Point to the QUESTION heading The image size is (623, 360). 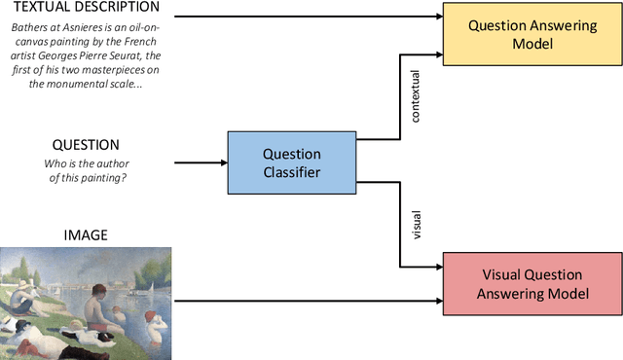[x=85, y=144]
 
